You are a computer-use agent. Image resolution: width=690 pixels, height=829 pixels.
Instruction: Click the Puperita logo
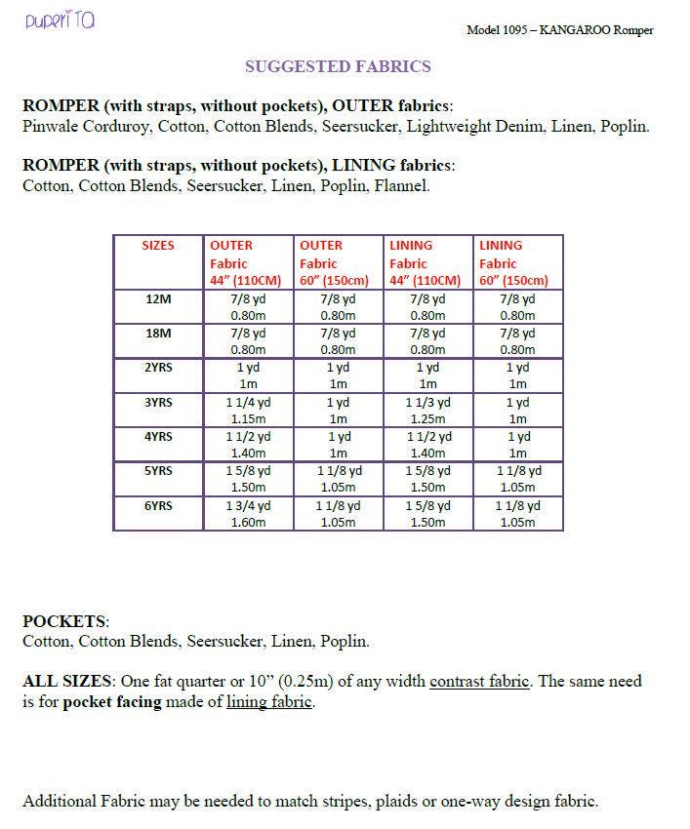coord(60,20)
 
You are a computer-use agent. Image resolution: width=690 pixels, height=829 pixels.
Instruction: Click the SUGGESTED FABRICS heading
coord(338,67)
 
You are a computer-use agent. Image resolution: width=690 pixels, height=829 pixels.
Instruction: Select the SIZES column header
coord(158,246)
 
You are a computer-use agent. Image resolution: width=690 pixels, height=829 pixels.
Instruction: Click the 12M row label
coord(158,299)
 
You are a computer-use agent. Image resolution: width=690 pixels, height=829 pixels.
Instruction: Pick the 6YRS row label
coord(158,506)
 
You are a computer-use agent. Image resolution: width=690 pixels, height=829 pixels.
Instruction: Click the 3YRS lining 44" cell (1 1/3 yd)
coord(427,411)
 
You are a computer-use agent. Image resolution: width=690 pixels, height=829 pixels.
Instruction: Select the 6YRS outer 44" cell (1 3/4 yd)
coord(248,514)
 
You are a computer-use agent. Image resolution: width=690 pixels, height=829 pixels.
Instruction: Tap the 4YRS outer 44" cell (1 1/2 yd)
coord(248,445)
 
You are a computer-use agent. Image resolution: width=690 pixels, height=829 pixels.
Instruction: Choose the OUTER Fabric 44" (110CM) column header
coord(248,263)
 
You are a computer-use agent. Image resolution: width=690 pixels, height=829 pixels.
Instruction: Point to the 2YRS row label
coord(158,368)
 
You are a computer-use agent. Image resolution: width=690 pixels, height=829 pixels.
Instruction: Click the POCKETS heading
coord(65,621)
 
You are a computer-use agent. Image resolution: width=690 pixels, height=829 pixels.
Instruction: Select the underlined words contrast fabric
coord(479,682)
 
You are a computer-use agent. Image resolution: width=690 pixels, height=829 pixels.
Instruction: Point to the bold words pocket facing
coord(112,702)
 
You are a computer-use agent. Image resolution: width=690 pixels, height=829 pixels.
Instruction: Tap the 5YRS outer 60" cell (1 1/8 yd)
coord(338,479)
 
